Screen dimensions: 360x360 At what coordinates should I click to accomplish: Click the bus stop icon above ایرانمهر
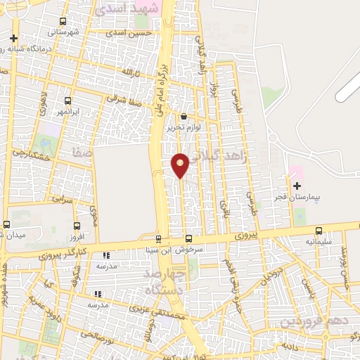point(68,101)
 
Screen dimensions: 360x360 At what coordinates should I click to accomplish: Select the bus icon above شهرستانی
point(64,21)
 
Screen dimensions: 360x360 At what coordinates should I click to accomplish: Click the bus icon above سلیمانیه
point(319,230)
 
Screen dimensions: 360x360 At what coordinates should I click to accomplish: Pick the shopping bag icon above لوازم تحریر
point(184,117)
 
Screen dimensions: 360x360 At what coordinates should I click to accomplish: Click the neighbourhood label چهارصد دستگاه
point(164,280)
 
